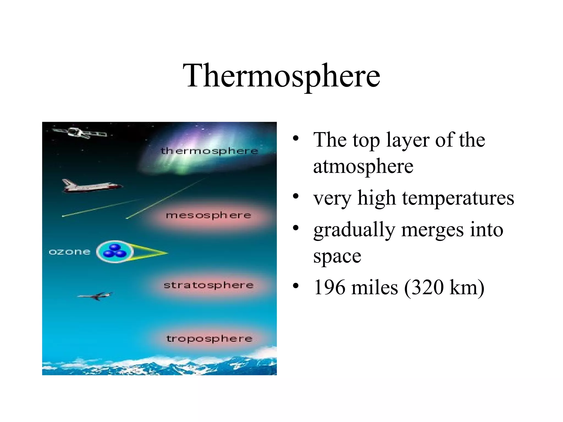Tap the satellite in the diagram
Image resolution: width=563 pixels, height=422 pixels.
pyautogui.click(x=80, y=133)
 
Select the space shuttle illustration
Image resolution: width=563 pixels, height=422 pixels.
pyautogui.click(x=91, y=186)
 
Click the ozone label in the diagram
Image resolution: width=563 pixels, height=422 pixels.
pyautogui.click(x=70, y=252)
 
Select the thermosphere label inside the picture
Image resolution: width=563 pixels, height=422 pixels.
pyautogui.click(x=209, y=151)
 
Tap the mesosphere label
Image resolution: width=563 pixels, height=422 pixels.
pyautogui.click(x=209, y=215)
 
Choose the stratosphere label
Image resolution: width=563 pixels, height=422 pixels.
pyautogui.click(x=209, y=285)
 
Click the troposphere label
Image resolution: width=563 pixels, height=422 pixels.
pyautogui.click(x=209, y=338)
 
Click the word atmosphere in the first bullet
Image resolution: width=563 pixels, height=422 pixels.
pyautogui.click(x=363, y=166)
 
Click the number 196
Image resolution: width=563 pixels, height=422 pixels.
pyautogui.click(x=329, y=287)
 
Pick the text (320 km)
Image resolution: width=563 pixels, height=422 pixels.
pyautogui.click(x=444, y=287)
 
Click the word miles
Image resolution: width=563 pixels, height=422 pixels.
pyautogui.click(x=374, y=287)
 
